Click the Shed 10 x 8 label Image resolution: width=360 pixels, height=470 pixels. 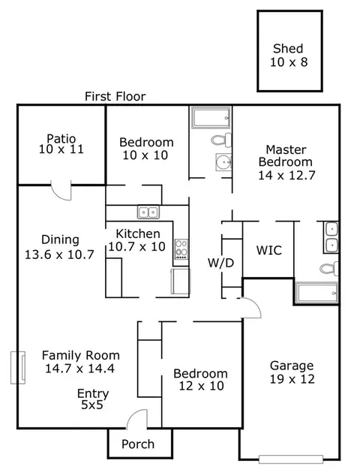coord(289,56)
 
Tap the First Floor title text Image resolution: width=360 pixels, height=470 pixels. coord(115,97)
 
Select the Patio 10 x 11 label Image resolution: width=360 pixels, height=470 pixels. coord(61,144)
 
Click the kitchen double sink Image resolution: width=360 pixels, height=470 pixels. coord(148,212)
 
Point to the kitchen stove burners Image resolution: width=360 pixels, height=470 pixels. coord(181,249)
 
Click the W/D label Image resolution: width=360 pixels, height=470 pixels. coord(220,263)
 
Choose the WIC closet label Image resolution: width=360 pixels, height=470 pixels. coord(269,250)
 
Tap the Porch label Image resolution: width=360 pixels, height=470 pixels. coord(138,444)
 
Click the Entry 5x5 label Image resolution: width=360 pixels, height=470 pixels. coord(93,399)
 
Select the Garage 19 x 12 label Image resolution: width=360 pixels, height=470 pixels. coord(292,372)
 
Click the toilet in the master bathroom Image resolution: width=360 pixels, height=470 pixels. coord(329,268)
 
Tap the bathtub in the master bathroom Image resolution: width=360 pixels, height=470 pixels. coord(316,293)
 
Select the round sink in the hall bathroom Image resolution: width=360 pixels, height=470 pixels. coord(223,162)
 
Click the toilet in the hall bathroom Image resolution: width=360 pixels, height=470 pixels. coord(221,140)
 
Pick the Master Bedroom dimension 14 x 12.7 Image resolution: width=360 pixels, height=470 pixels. coord(286,175)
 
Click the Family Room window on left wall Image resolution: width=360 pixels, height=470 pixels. coord(18,367)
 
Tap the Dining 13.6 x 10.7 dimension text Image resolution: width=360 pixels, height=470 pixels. coord(59,255)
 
